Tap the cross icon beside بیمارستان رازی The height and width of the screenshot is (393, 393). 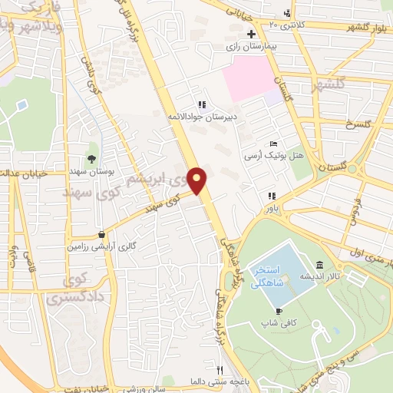click(251, 35)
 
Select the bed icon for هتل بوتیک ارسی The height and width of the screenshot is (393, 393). click(273, 144)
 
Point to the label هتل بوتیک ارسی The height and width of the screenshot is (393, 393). click(274, 155)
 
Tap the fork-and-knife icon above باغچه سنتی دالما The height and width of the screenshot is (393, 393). click(220, 370)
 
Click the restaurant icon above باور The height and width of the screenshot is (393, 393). click(270, 196)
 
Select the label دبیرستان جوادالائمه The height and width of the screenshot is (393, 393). click(203, 117)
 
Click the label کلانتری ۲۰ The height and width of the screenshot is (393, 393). click(286, 25)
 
